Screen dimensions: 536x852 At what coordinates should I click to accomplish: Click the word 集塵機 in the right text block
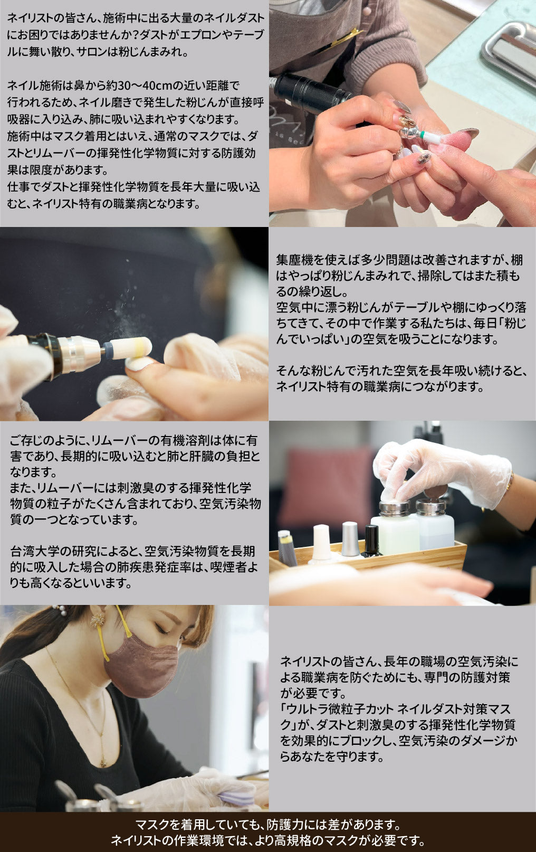tap(294, 260)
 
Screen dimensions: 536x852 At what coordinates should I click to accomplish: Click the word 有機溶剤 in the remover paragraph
tap(184, 440)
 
